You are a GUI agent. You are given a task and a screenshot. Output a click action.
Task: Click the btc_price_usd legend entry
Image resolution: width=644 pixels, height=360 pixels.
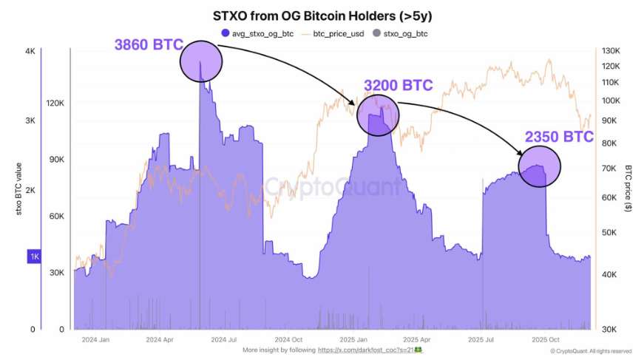338,33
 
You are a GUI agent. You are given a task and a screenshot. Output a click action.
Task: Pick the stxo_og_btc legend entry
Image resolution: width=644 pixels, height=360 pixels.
401,33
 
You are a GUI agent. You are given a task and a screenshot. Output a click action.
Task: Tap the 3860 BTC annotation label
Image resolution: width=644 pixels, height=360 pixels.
148,45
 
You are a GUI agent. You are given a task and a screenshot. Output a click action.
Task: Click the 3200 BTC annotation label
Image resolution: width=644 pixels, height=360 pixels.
398,86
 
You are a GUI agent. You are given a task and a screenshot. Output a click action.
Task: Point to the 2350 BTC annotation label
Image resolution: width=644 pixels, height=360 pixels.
559,137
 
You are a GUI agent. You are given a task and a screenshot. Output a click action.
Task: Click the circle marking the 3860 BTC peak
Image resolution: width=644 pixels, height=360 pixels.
200,61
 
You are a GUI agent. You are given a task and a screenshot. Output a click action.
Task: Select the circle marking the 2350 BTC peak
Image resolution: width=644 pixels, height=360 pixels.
540,166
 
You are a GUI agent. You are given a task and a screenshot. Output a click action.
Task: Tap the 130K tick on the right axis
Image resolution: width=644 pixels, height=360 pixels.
610,51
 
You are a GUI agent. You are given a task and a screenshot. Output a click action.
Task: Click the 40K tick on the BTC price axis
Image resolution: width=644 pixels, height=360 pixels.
609,275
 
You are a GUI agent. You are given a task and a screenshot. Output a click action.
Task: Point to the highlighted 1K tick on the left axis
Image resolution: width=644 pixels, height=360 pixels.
34,256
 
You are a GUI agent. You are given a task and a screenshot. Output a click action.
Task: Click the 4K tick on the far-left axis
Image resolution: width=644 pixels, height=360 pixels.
30,51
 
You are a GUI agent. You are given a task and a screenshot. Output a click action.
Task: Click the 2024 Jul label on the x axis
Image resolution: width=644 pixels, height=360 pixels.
223,340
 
